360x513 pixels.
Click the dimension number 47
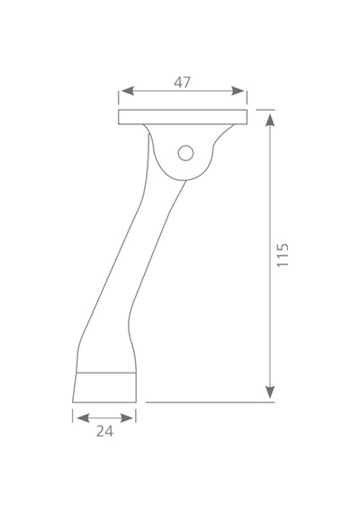click(x=182, y=83)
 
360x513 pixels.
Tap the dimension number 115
click(x=283, y=256)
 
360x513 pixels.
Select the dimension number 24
click(x=104, y=431)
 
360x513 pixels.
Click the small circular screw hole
click(x=185, y=153)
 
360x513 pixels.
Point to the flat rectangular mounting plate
click(x=183, y=117)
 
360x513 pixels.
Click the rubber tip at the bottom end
click(x=104, y=387)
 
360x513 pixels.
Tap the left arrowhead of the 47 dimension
click(x=127, y=91)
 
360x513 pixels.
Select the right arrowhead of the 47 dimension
click(x=238, y=91)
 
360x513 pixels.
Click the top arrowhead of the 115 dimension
click(x=270, y=121)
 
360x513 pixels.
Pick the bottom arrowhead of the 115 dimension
click(x=270, y=391)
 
